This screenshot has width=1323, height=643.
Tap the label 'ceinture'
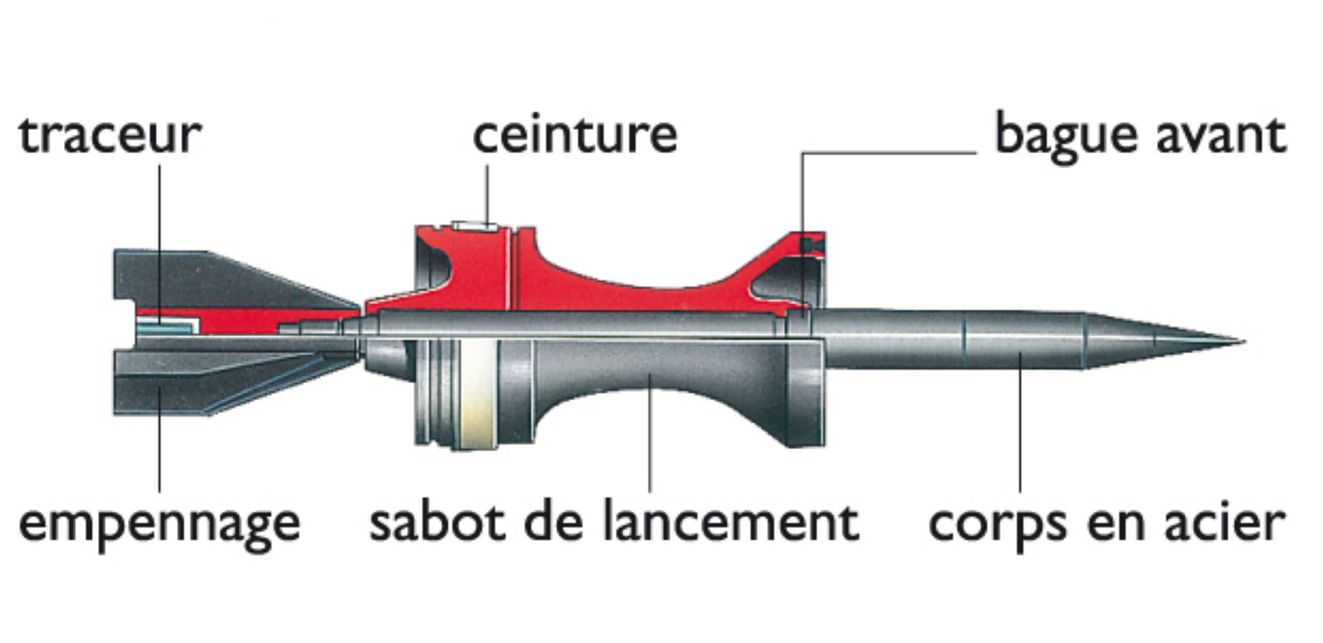(x=575, y=136)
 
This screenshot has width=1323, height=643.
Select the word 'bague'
(x=1067, y=137)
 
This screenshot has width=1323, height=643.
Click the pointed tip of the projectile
(x=1237, y=342)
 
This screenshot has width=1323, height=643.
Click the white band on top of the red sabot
(x=475, y=227)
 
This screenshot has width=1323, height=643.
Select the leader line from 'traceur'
(x=160, y=232)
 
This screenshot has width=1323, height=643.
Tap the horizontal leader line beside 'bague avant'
(x=891, y=153)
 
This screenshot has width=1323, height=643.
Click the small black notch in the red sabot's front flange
(x=808, y=245)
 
